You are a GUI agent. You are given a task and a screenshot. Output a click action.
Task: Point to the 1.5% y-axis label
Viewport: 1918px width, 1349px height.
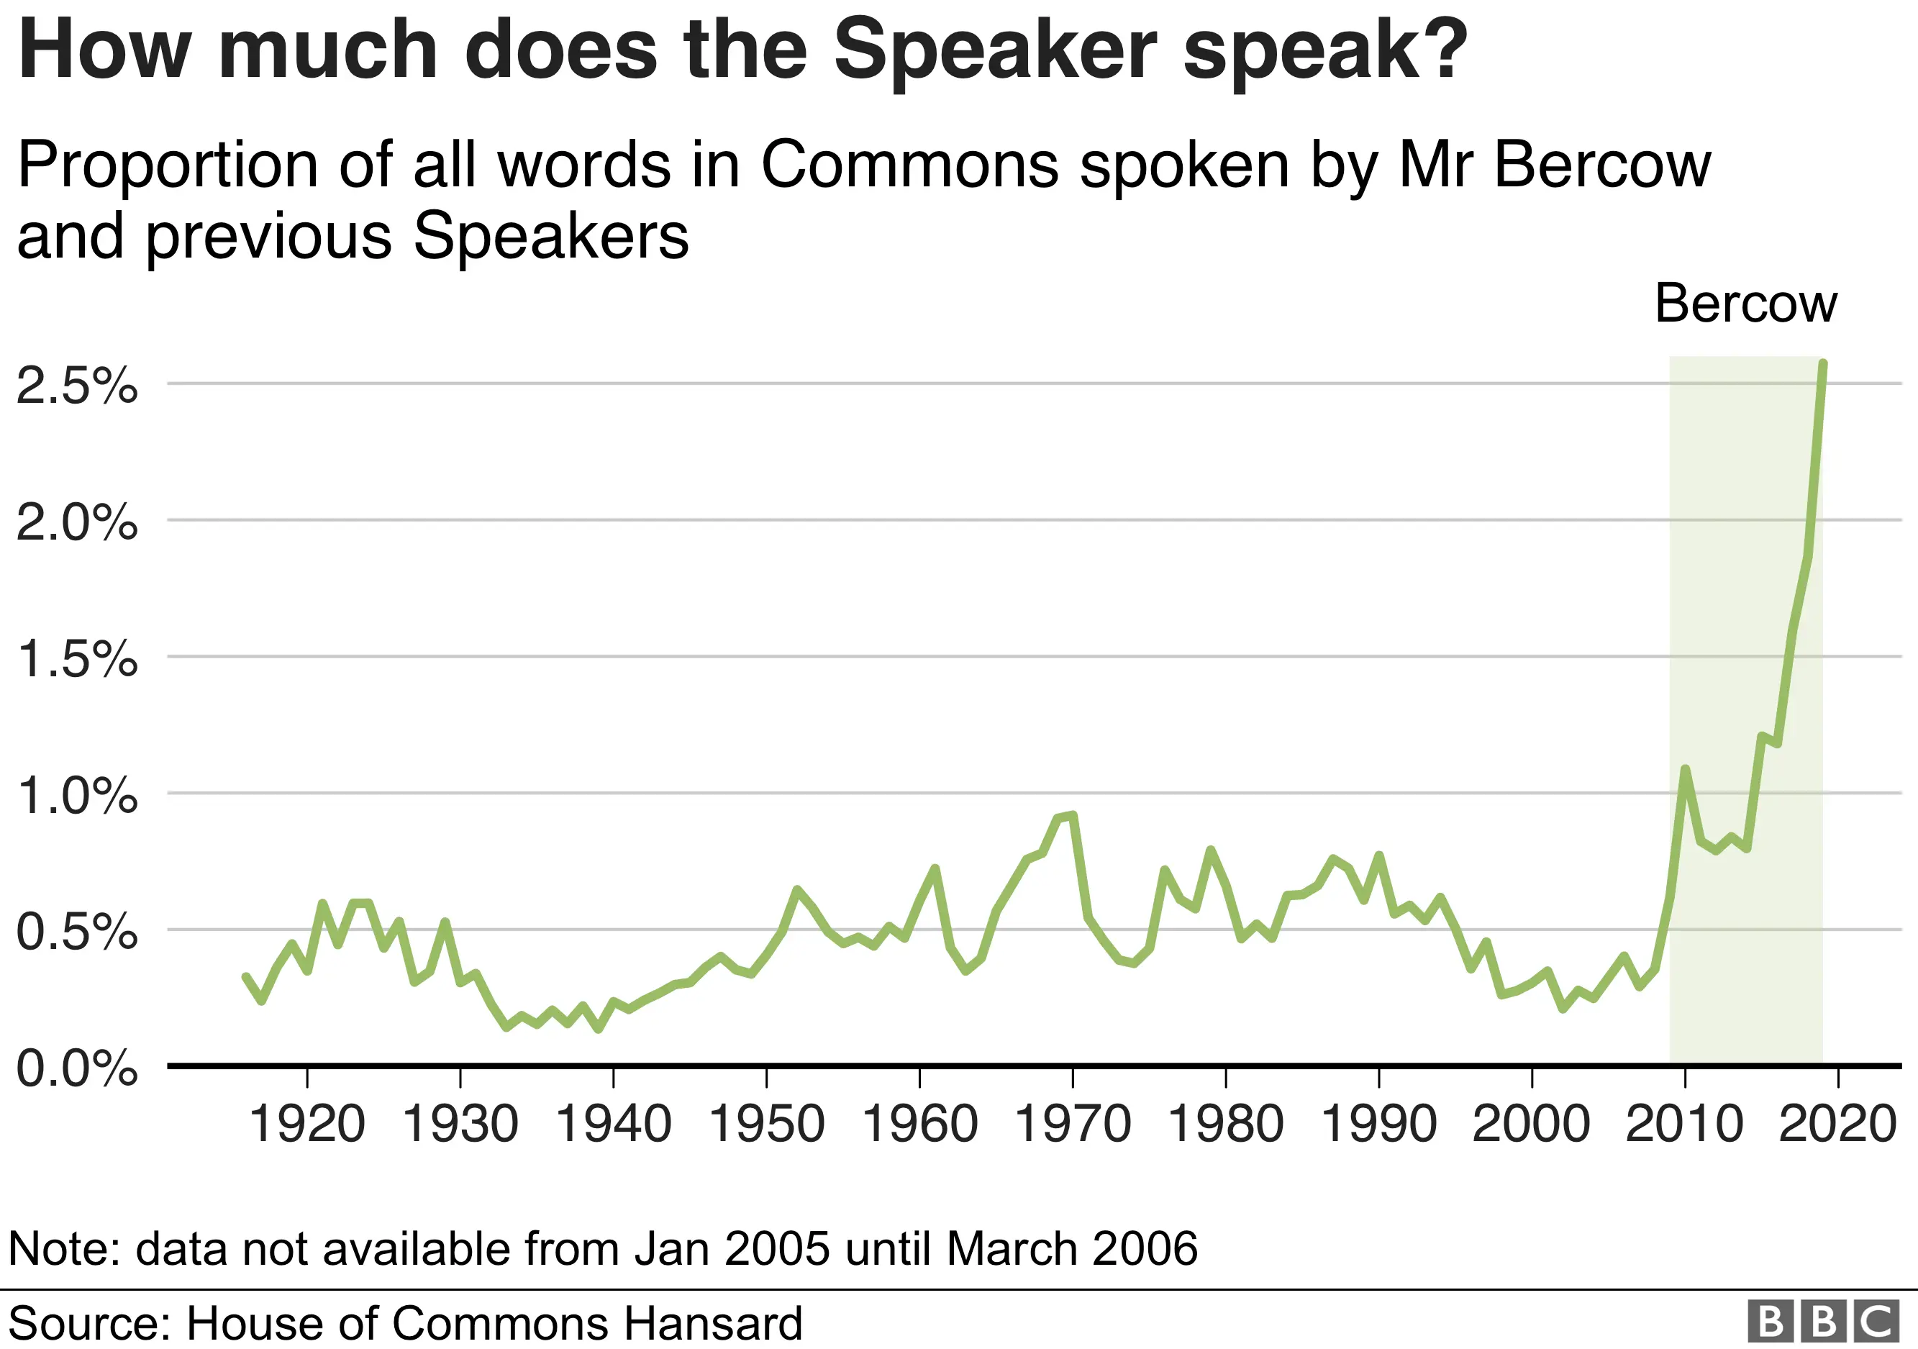point(77,659)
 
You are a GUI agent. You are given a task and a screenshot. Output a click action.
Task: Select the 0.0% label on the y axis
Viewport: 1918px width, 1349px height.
point(77,1068)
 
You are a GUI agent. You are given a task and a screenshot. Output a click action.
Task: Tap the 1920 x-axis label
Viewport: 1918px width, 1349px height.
point(306,1125)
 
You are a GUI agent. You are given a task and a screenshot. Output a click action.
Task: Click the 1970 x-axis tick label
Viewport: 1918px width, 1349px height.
point(1073,1125)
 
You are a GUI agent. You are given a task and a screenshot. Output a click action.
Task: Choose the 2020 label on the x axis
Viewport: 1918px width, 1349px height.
point(1838,1125)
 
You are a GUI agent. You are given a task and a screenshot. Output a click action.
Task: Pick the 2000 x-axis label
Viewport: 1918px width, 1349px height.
point(1531,1125)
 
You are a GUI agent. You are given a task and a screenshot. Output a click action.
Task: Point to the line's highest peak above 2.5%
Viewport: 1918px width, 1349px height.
point(1823,363)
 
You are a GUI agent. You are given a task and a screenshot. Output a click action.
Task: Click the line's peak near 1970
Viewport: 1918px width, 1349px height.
point(1073,814)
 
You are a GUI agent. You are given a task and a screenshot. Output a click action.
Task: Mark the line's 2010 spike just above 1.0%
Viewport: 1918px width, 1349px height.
point(1685,768)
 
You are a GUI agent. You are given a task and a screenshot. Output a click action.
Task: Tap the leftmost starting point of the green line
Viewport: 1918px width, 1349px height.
point(245,976)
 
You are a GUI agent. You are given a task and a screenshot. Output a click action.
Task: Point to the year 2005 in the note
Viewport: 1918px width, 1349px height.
point(777,1249)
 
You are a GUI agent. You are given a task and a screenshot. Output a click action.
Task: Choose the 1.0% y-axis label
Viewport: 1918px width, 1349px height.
point(77,795)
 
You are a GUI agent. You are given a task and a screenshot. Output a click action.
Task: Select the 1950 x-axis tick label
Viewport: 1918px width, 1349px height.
point(766,1125)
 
